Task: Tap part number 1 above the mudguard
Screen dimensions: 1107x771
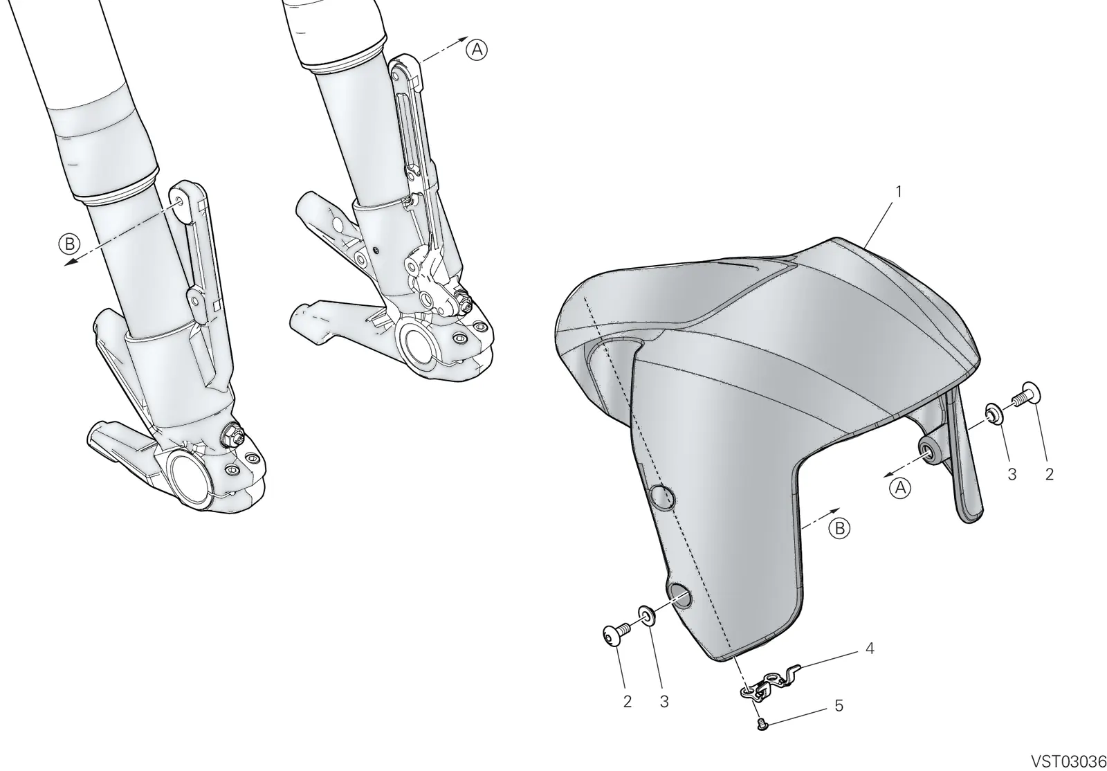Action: pyautogui.click(x=899, y=191)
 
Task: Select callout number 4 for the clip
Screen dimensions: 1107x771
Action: pyautogui.click(x=870, y=648)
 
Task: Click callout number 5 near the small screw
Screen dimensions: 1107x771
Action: pyautogui.click(x=839, y=706)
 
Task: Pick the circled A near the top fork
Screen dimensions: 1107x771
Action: pyautogui.click(x=477, y=50)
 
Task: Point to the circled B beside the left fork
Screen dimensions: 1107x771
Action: pyautogui.click(x=69, y=244)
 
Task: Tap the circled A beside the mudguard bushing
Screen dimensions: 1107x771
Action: pyautogui.click(x=900, y=488)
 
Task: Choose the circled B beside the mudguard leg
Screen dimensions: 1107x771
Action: pyautogui.click(x=840, y=528)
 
